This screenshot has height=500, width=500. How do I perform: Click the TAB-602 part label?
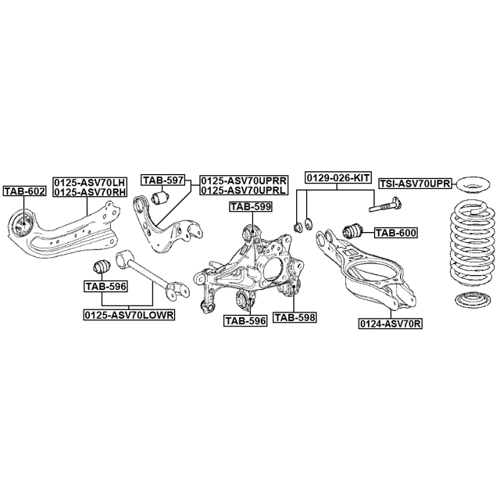coord(24,191)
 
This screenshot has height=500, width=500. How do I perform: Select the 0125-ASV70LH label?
coord(91,182)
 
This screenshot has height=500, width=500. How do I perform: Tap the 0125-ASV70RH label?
coord(91,191)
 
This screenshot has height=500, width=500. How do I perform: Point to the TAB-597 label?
coord(163,180)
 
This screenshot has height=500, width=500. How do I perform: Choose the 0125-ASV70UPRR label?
coord(244,180)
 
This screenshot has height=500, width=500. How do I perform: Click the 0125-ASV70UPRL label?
coord(244,190)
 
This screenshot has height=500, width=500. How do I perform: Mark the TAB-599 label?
coord(251,206)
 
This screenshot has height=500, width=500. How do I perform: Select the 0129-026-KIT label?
coord(338,177)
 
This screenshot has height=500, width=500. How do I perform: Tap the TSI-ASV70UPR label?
coord(415,184)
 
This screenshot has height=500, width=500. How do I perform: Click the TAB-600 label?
coord(395,233)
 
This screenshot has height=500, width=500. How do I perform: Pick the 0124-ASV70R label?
coord(391,324)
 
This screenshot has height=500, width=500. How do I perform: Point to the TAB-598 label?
coord(295,317)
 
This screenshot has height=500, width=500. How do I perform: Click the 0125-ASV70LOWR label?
coord(129,315)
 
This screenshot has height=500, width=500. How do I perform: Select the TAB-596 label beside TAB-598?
coord(245,320)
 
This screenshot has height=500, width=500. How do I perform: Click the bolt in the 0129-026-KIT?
coord(385,205)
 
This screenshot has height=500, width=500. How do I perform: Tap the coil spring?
coord(473,248)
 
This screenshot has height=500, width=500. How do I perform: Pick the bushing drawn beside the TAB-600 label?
coord(352,231)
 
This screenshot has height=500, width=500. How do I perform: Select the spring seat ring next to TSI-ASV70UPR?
coord(473,184)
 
